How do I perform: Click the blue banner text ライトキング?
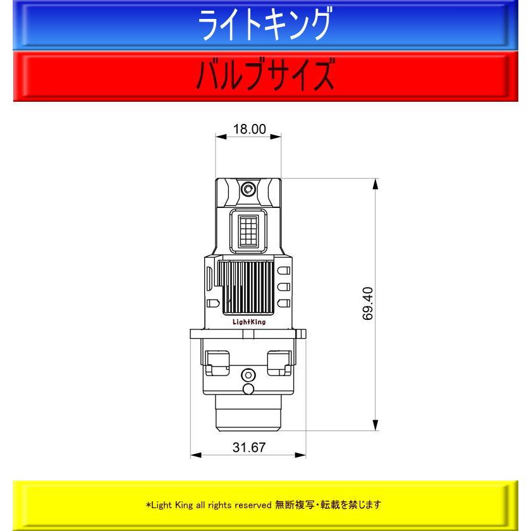tap(264, 25)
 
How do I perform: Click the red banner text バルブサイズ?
tap(265, 74)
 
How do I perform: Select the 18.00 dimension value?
tap(250, 129)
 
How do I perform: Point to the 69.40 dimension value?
tap(368, 303)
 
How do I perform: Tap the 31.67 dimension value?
tap(249, 448)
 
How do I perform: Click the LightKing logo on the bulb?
tap(249, 322)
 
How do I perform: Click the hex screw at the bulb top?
tap(248, 188)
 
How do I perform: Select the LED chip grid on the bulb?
tap(248, 231)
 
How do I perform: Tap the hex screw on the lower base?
tap(248, 375)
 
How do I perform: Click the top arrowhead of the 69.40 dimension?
tap(375, 185)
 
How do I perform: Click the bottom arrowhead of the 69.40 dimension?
tap(375, 425)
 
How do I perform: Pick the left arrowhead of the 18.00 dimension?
tap(221, 137)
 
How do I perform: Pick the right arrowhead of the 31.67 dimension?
tap(300, 455)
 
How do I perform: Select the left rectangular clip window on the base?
tap(217, 363)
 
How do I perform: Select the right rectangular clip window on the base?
tap(279, 363)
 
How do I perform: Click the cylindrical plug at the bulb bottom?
tap(248, 413)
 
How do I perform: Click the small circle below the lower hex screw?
tap(248, 389)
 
